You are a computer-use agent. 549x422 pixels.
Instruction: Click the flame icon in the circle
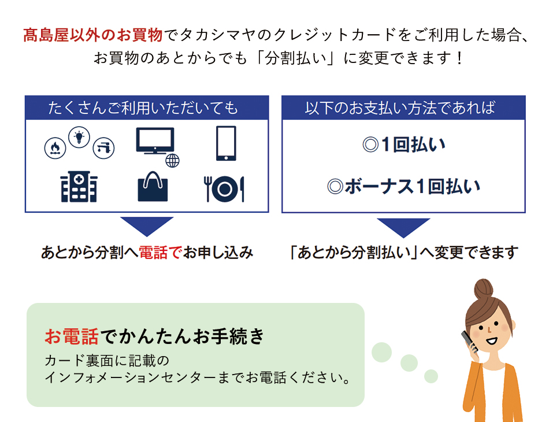pyautogui.click(x=55, y=148)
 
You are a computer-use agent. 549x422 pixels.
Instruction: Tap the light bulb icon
pyautogui.click(x=79, y=137)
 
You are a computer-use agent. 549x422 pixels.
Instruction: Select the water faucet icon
pyautogui.click(x=103, y=148)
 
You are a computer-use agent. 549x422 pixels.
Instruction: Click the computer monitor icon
pyautogui.click(x=155, y=141)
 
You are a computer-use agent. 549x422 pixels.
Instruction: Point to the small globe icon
pyautogui.click(x=172, y=161)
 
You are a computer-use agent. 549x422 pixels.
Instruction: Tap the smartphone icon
pyautogui.click(x=226, y=143)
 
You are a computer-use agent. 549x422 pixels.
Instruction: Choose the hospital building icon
pyautogui.click(x=79, y=187)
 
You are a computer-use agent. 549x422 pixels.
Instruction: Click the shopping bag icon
pyautogui.click(x=153, y=186)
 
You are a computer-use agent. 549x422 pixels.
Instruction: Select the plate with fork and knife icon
pyautogui.click(x=224, y=189)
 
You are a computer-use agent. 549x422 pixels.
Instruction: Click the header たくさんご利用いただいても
pyautogui.click(x=143, y=108)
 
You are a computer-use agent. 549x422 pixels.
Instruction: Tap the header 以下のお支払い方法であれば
pyautogui.click(x=400, y=108)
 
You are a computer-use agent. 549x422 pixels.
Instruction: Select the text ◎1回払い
pyautogui.click(x=404, y=145)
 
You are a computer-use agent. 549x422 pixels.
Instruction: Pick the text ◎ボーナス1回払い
pyautogui.click(x=404, y=186)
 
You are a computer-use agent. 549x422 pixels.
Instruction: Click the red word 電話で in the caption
pyautogui.click(x=160, y=253)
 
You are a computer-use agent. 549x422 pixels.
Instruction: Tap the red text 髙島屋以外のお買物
pyautogui.click(x=93, y=35)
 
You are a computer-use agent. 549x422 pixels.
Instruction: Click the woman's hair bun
pyautogui.click(x=484, y=289)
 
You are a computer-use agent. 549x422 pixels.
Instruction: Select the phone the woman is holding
pyautogui.click(x=469, y=341)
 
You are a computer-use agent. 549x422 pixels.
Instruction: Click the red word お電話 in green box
pyautogui.click(x=72, y=336)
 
